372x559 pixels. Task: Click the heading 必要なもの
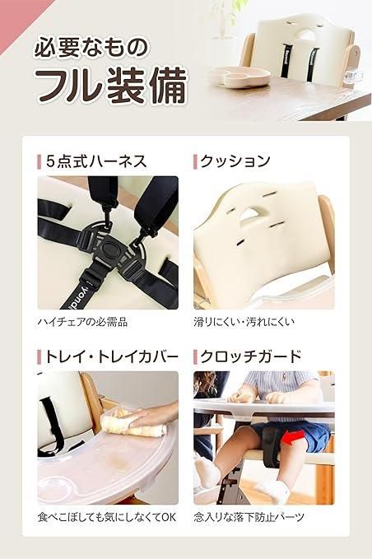click(91, 47)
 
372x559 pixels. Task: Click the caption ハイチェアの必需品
click(82, 321)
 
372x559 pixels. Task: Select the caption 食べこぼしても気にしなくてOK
click(107, 518)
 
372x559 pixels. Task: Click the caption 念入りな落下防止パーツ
click(250, 518)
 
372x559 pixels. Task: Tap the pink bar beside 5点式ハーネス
click(39, 161)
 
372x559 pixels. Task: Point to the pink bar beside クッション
click(194, 161)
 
